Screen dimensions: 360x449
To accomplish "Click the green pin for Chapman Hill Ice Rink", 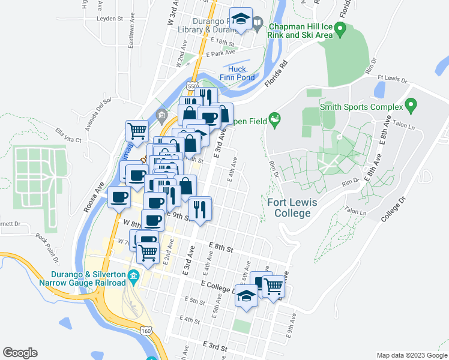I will [340, 28].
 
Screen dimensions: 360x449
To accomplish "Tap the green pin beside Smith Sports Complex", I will [411, 107].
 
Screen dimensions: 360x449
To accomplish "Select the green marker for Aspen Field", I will [275, 119].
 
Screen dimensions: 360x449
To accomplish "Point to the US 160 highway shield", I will [147, 331].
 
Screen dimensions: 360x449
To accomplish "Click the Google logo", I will [20, 353].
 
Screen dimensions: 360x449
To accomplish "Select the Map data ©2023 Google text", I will [411, 355].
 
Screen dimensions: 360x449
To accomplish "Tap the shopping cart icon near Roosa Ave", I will [137, 130].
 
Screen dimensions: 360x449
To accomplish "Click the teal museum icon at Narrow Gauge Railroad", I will [133, 277].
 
